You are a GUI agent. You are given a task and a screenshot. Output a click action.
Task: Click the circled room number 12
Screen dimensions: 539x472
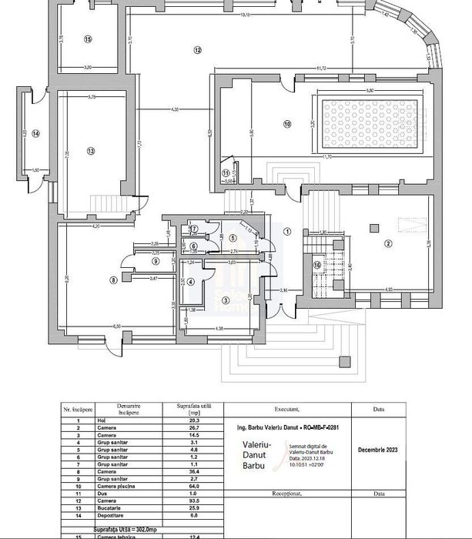click(x=197, y=50)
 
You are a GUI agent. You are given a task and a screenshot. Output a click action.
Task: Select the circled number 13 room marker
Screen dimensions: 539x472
click(x=90, y=152)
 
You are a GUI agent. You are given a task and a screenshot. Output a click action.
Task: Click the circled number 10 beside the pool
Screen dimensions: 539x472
click(x=286, y=123)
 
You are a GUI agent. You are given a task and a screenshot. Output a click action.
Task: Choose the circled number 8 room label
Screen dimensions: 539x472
click(x=113, y=280)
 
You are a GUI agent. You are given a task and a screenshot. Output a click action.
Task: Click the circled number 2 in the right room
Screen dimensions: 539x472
click(x=388, y=244)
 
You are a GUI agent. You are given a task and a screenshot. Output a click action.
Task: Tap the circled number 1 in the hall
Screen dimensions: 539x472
click(x=286, y=230)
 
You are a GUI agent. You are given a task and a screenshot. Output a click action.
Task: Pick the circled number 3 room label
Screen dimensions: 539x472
click(x=226, y=300)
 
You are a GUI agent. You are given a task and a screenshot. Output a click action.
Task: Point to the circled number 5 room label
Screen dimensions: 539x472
click(x=232, y=238)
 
